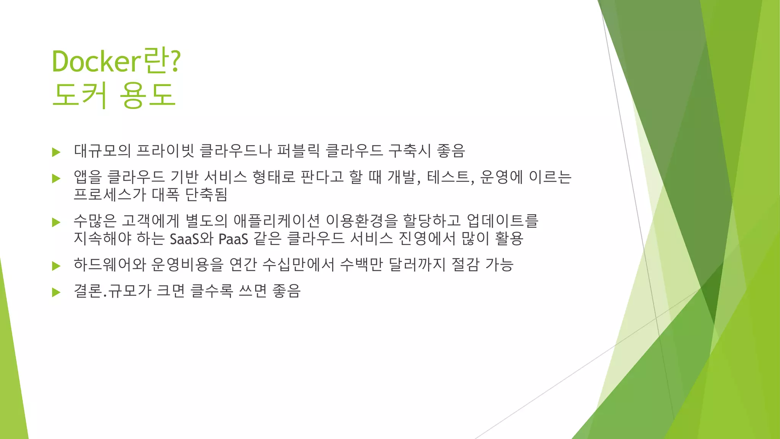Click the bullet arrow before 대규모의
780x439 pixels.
pos(56,152)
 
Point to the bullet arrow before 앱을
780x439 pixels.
pos(56,178)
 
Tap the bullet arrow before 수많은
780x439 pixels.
pos(56,222)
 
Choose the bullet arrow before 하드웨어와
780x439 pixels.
pos(56,266)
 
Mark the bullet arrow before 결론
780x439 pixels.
pos(56,292)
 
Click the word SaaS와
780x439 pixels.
pos(191,239)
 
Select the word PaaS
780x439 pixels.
pos(233,239)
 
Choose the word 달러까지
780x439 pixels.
pos(417,264)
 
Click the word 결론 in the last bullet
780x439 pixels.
pos(88,291)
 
